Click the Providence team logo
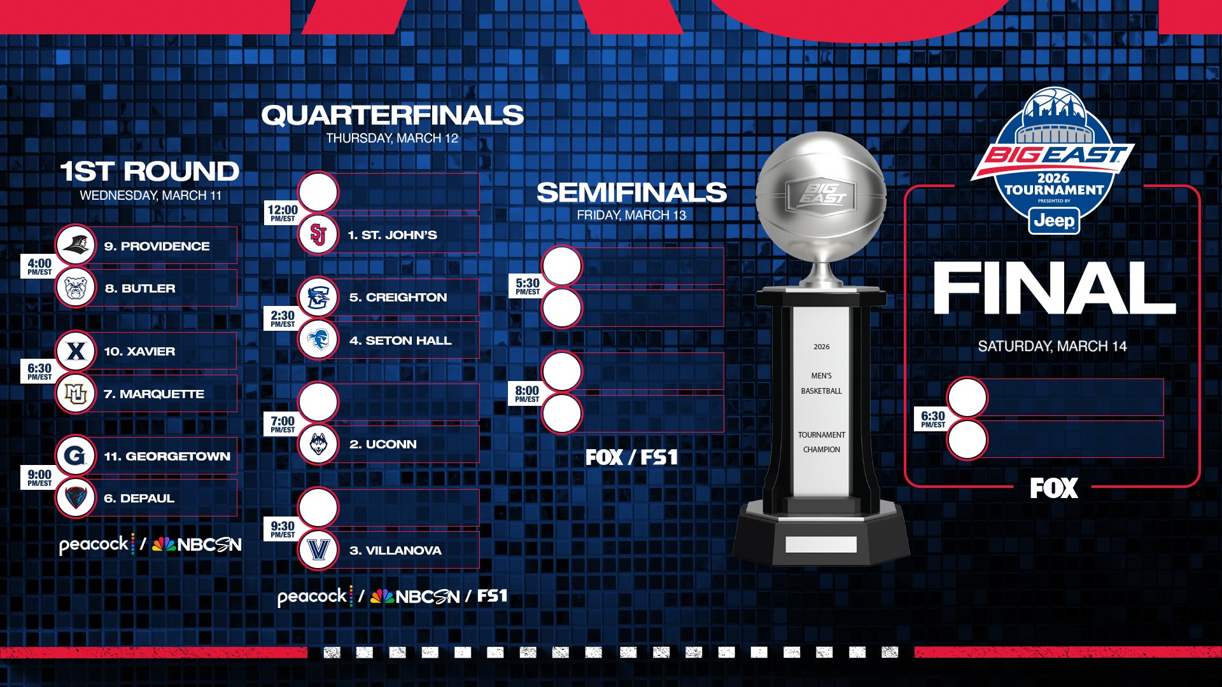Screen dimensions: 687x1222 76,245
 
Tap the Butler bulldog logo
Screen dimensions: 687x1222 76,288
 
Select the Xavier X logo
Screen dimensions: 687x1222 76,350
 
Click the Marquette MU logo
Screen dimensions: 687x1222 76,394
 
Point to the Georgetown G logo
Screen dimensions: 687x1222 76,455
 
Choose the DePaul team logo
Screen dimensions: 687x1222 76,498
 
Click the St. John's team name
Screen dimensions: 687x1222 392,235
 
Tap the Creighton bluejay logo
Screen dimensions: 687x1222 318,297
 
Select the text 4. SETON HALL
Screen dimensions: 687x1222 400,340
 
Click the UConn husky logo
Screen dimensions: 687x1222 318,444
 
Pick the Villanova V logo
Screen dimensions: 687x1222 318,550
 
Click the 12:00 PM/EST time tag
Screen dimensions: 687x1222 283,212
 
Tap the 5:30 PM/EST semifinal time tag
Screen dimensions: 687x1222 528,286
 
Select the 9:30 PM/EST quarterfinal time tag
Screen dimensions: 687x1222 283,529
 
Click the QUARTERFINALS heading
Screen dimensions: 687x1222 392,115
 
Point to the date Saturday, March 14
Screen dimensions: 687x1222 1052,346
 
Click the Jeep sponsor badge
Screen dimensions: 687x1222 1054,221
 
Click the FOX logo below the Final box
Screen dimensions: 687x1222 1054,489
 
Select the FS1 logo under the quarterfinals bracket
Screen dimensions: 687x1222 492,596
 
